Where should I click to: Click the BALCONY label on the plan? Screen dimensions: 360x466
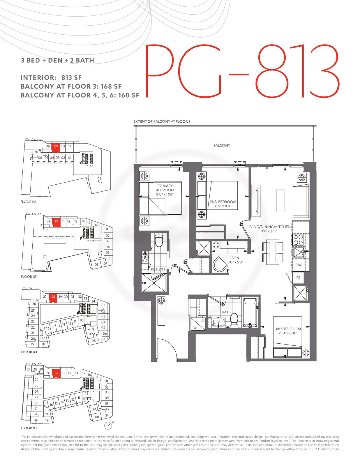(x=222, y=145)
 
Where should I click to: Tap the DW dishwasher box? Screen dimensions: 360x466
(x=299, y=265)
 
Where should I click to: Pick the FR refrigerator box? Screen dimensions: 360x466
(x=299, y=278)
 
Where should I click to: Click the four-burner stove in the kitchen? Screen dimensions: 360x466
(x=298, y=240)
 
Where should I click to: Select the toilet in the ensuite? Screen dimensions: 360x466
(x=159, y=240)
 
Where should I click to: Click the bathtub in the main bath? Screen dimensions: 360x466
(x=250, y=313)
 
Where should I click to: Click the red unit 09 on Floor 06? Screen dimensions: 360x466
(x=56, y=148)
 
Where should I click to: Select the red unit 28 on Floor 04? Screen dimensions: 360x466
(x=53, y=298)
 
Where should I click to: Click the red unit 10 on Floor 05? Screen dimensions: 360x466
(x=56, y=222)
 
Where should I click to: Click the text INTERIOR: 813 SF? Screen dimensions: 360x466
(x=51, y=77)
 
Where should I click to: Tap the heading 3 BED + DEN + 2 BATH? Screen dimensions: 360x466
(x=57, y=60)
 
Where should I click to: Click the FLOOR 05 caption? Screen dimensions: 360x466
(x=29, y=277)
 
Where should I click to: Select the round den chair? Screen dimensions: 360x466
(x=220, y=265)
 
